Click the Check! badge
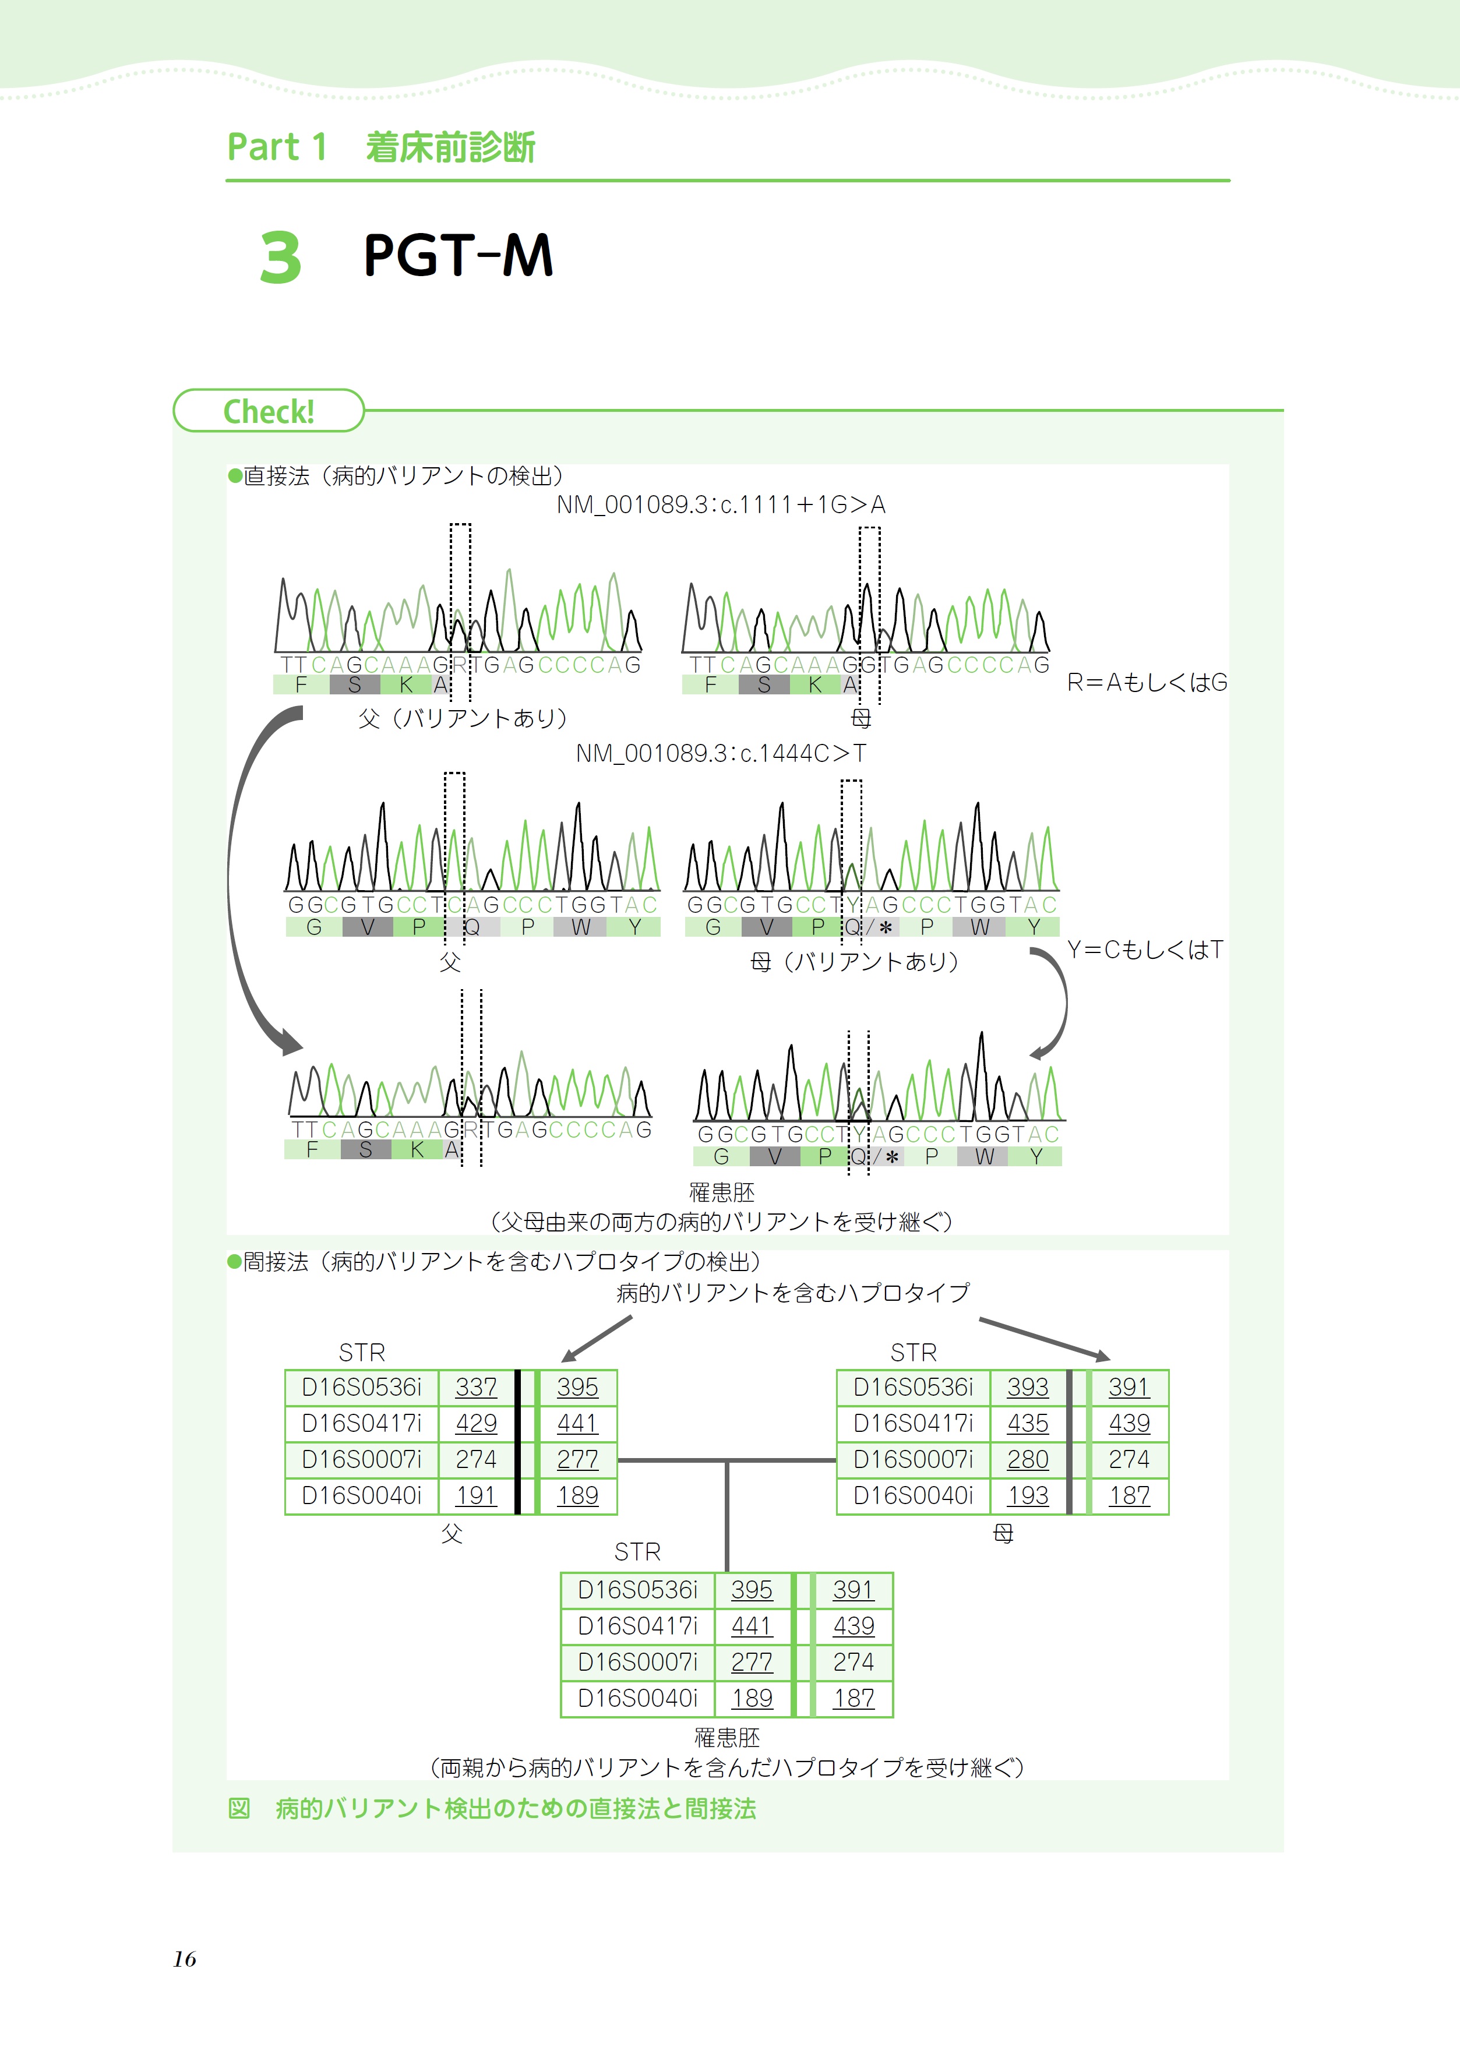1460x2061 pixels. pyautogui.click(x=268, y=412)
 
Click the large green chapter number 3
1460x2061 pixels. pyautogui.click(x=280, y=258)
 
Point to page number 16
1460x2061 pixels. pyautogui.click(x=184, y=1958)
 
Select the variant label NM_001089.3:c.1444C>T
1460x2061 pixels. pyautogui.click(x=721, y=753)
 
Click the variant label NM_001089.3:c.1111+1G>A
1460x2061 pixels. pyautogui.click(x=721, y=505)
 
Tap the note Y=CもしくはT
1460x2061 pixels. pyautogui.click(x=1144, y=950)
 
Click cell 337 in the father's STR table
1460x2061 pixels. pyautogui.click(x=475, y=1388)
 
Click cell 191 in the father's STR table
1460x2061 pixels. pyautogui.click(x=475, y=1495)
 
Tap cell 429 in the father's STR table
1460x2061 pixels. pyautogui.click(x=475, y=1424)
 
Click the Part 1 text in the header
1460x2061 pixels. pyautogui.click(x=277, y=147)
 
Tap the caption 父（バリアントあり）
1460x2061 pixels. pyautogui.click(x=463, y=718)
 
